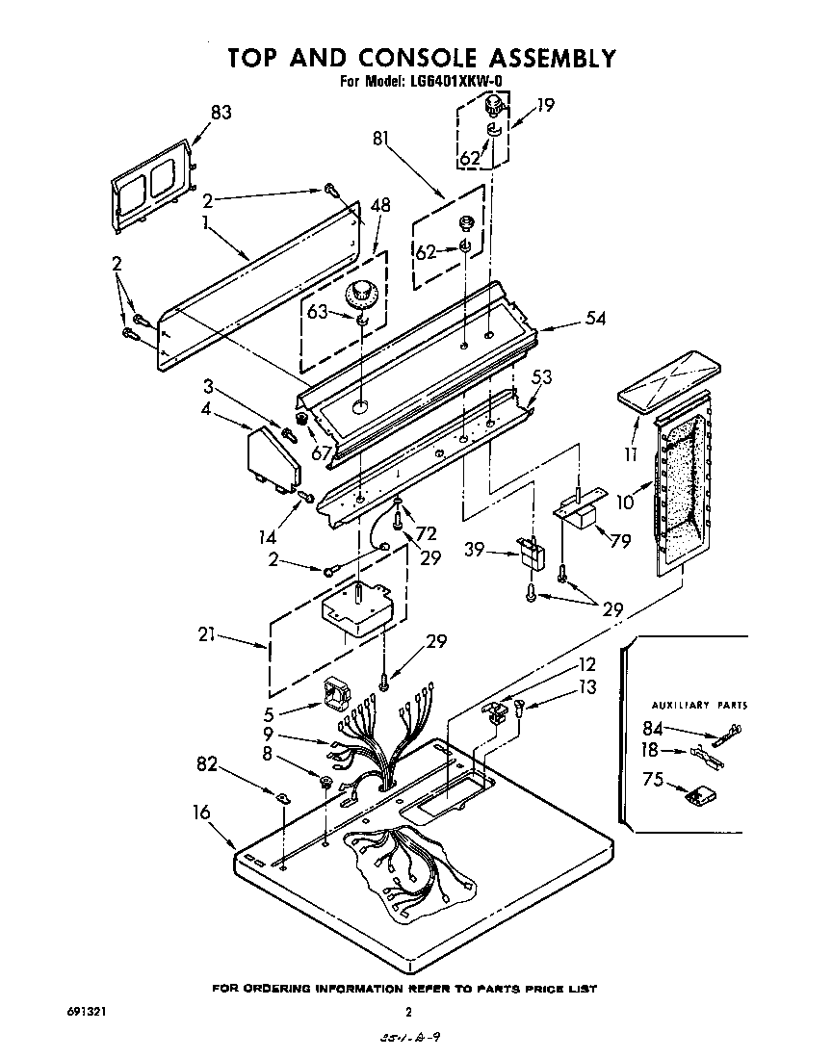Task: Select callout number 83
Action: [x=220, y=113]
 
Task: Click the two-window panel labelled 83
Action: [x=150, y=188]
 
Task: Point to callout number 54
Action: [x=595, y=318]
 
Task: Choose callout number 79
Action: [x=619, y=541]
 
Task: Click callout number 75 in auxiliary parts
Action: [x=653, y=780]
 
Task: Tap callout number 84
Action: [x=654, y=729]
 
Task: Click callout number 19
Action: [x=545, y=107]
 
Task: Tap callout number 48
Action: [x=380, y=205]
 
